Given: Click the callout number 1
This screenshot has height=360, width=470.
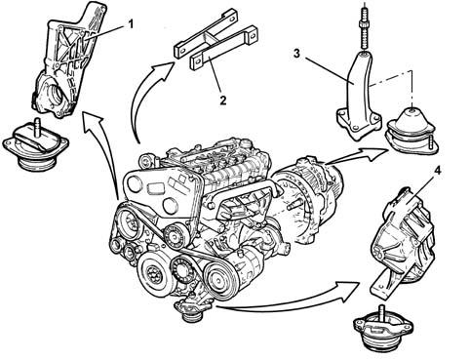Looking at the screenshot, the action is click(131, 24).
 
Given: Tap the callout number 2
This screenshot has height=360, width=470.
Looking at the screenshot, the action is click(222, 100).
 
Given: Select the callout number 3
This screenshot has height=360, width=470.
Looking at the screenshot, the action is click(296, 54).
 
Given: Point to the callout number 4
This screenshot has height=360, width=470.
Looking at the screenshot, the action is click(438, 171).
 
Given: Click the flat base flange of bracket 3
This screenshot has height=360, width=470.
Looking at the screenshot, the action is click(358, 124).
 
